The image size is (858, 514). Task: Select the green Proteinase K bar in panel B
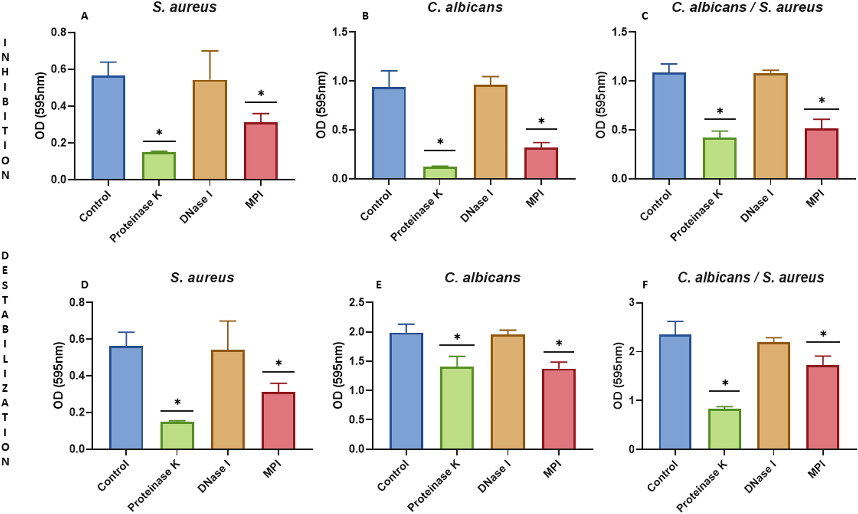[x=440, y=173]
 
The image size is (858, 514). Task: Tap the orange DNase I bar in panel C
[x=770, y=126]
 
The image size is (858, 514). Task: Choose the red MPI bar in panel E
[x=558, y=409]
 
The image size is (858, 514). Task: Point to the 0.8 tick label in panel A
[x=59, y=33]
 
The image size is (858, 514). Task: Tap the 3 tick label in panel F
[x=632, y=303]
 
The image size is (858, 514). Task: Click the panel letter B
[x=365, y=16]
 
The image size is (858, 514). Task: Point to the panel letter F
[x=645, y=285]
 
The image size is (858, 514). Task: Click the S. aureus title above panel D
[x=202, y=278]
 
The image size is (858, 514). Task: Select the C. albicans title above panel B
[x=465, y=7]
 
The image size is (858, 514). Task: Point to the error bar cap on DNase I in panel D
[x=228, y=321]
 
